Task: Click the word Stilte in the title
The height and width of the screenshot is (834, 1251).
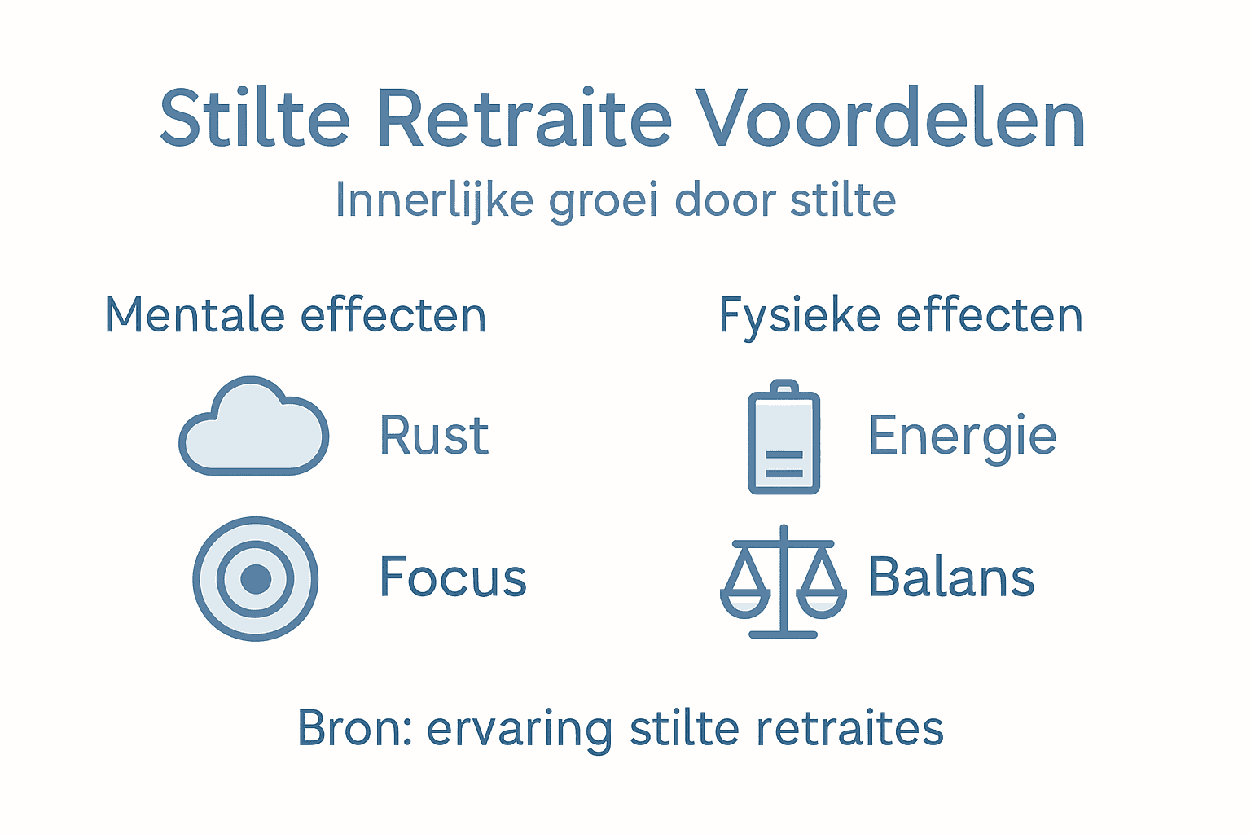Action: click(x=254, y=119)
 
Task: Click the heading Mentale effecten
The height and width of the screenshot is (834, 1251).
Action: click(x=296, y=315)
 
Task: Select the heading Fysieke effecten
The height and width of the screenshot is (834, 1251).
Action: click(x=901, y=316)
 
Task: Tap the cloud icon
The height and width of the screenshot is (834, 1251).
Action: click(x=254, y=428)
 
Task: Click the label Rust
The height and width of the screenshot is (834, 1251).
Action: click(x=434, y=436)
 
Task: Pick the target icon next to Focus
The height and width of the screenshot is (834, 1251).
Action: click(x=256, y=578)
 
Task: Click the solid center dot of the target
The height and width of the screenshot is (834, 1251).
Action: click(x=256, y=578)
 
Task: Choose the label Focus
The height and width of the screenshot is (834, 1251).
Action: click(x=453, y=577)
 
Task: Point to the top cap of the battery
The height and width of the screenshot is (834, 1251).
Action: click(x=784, y=385)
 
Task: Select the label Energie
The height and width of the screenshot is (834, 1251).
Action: click(x=962, y=437)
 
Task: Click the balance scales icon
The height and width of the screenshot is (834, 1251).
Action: click(x=784, y=582)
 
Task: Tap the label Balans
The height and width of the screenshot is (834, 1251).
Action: click(x=951, y=577)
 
